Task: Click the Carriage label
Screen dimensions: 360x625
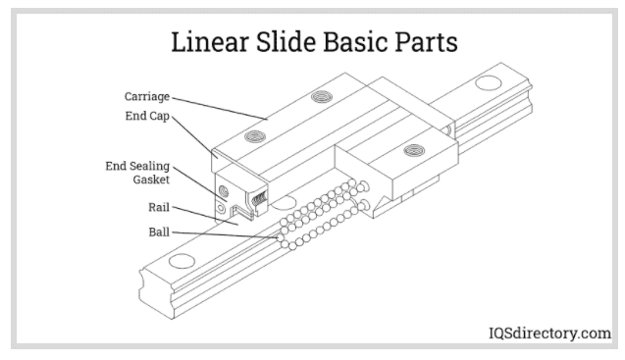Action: [x=147, y=97]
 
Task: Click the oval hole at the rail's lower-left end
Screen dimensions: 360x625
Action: [x=182, y=263]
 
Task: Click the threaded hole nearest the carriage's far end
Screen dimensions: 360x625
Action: [x=320, y=95]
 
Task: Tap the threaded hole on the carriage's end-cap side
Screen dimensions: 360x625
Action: [x=257, y=134]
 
